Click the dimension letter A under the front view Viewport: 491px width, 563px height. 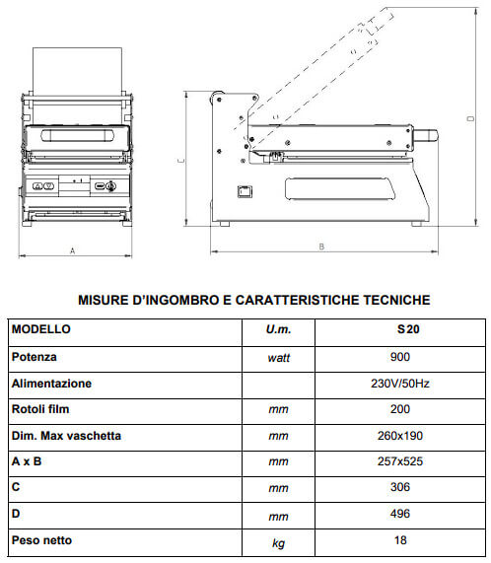[x=72, y=251]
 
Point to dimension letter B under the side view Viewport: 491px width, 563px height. [x=321, y=246]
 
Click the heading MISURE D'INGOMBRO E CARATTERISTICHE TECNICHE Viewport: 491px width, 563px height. [x=253, y=299]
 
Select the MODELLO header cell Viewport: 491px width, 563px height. [x=41, y=330]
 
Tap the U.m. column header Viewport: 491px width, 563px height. [x=279, y=331]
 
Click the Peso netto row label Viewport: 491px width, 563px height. [x=41, y=539]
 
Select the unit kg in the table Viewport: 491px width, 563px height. [x=279, y=541]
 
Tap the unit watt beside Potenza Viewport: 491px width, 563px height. [x=279, y=358]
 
